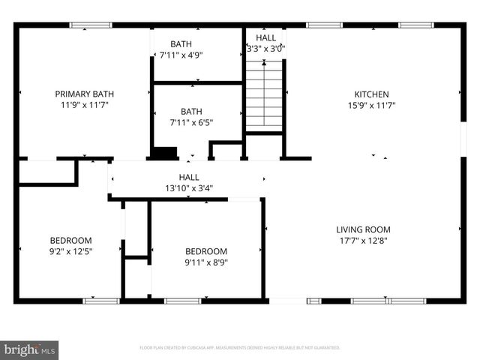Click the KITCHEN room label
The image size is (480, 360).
[371, 94]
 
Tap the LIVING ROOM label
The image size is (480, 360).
[363, 229]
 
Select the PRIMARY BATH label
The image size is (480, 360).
[84, 94]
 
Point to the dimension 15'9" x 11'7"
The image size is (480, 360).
[371, 106]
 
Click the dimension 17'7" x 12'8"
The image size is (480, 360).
[363, 241]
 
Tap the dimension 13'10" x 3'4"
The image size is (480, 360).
[188, 188]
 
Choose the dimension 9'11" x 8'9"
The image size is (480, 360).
[205, 262]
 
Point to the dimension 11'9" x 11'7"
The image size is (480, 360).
[84, 106]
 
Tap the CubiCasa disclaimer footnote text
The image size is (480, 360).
[240, 348]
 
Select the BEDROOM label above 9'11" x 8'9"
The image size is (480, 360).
[205, 251]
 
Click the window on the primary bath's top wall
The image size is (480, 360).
[91, 25]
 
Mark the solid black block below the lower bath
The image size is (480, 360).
[163, 153]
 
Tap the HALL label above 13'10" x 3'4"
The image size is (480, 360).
[188, 177]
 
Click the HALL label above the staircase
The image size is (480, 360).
[265, 37]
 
